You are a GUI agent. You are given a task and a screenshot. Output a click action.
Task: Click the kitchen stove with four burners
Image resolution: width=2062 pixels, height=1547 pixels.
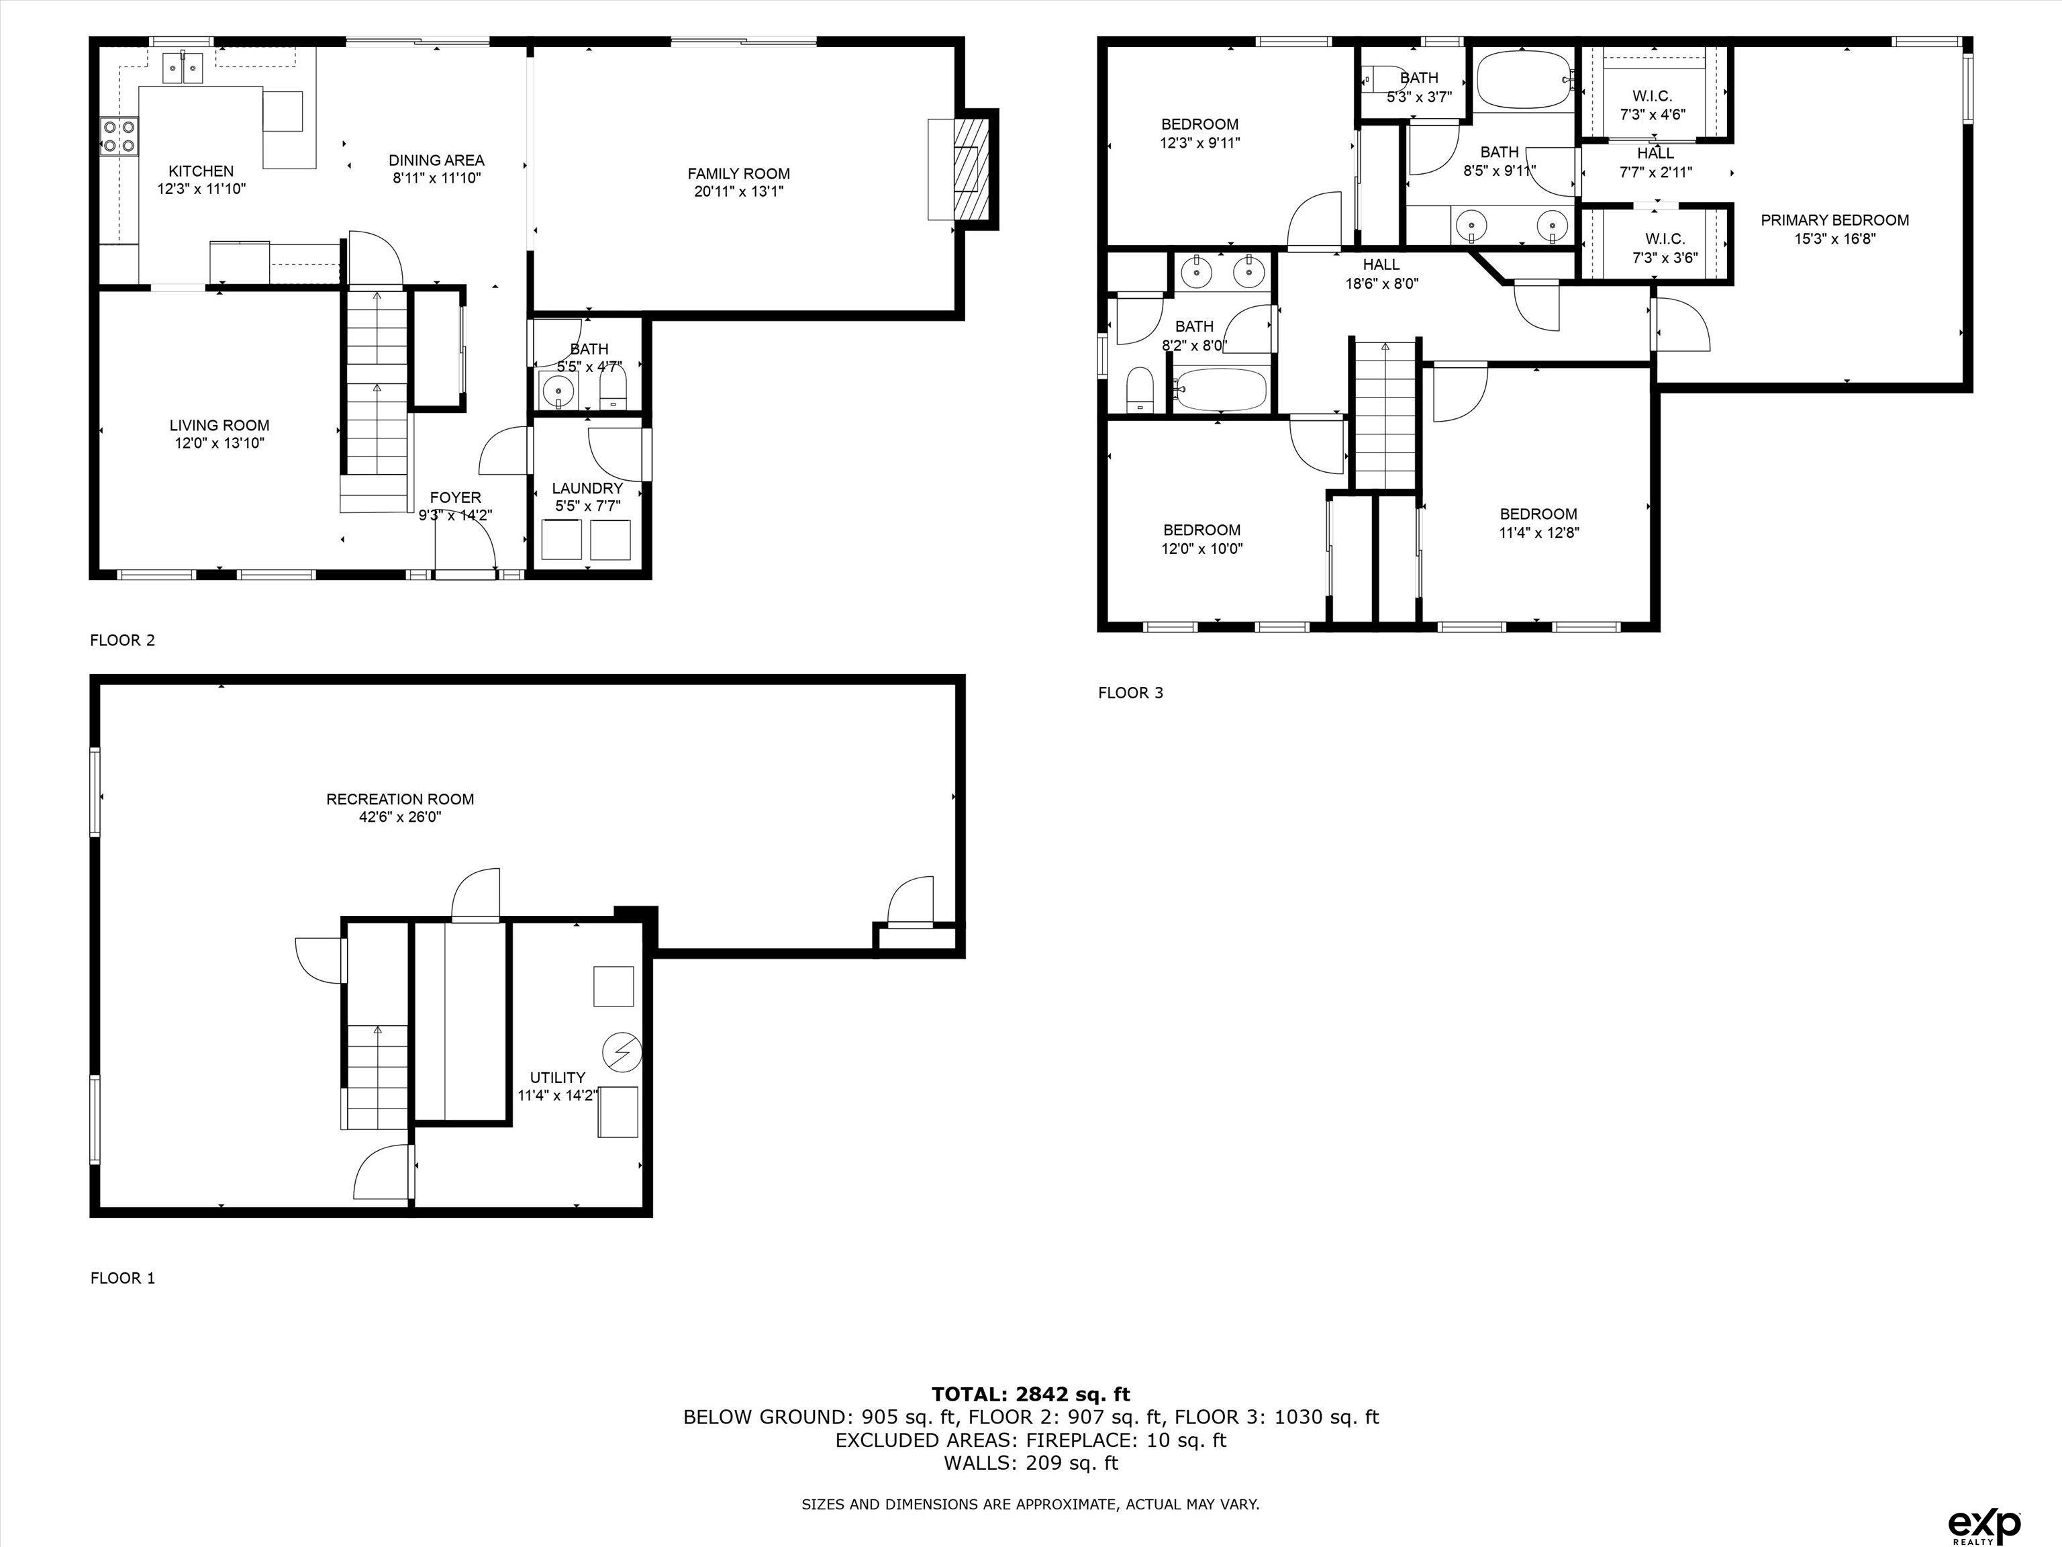click(118, 136)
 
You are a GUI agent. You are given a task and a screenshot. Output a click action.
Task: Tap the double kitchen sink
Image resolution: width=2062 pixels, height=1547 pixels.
click(184, 68)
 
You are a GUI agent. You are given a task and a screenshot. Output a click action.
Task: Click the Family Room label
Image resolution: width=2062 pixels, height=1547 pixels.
click(738, 173)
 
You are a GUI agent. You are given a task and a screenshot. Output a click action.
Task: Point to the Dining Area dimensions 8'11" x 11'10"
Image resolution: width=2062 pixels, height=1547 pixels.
click(436, 178)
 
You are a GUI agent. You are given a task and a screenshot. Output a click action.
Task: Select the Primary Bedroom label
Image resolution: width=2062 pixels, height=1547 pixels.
click(1834, 220)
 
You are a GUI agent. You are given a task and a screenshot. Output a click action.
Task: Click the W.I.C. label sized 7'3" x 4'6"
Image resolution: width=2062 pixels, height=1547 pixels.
click(1652, 96)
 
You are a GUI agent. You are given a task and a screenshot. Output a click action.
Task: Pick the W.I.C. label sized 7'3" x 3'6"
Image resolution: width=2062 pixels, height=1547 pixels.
click(1665, 240)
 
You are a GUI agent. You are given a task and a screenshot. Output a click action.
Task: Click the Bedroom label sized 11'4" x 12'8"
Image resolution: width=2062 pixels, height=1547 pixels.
click(1538, 514)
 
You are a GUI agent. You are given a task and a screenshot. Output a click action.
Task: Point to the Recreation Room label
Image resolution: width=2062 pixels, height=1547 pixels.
click(400, 799)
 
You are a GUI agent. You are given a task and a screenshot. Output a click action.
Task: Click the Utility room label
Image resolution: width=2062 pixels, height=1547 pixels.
click(557, 1077)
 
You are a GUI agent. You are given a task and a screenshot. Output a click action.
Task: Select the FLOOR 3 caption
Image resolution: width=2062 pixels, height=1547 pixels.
click(1130, 693)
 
